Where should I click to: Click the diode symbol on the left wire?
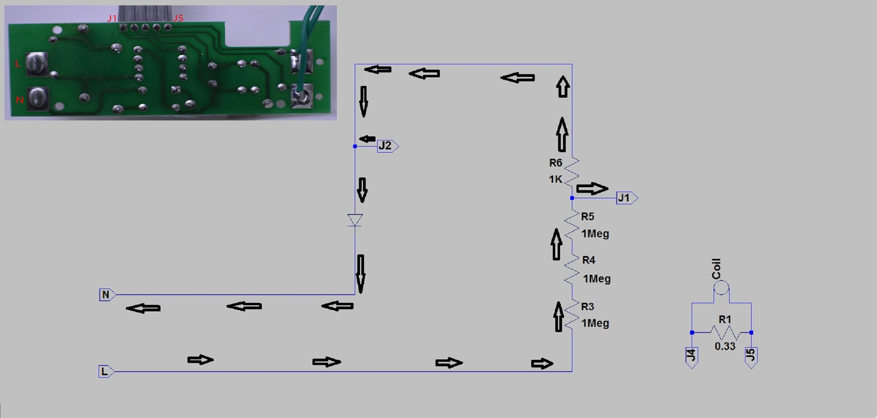[355, 220]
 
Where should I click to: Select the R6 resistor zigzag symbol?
[572, 172]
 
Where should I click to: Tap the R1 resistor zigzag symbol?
[725, 333]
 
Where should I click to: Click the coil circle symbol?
[721, 288]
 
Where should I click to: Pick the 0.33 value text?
[725, 346]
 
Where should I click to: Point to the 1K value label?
[555, 179]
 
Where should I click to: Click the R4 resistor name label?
[589, 260]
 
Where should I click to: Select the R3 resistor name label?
[587, 306]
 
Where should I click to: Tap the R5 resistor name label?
[587, 217]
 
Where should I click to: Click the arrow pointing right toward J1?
[592, 188]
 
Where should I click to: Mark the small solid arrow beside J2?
[367, 139]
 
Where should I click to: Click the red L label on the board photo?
[18, 64]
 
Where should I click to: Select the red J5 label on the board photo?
[178, 18]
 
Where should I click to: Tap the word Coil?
[716, 269]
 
